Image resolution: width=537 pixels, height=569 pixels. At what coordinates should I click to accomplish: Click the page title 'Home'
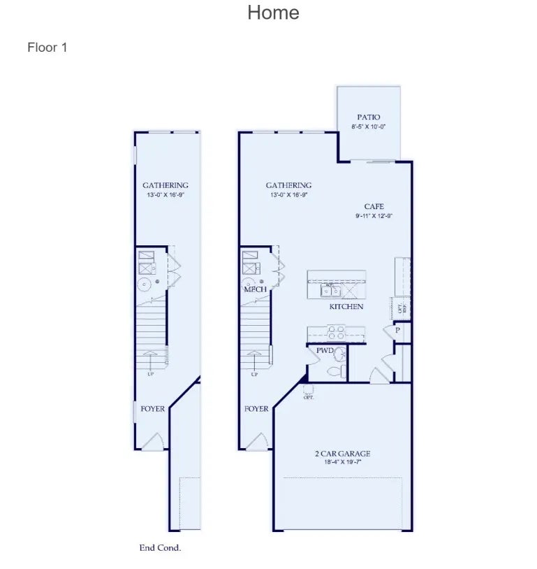273,13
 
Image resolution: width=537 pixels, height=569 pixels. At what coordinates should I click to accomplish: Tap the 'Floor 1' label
47,48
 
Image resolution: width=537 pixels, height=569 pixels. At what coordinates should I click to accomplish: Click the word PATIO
369,117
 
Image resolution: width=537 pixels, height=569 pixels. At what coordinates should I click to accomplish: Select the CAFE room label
374,207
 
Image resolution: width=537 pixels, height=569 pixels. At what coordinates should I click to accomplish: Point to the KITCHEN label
346,307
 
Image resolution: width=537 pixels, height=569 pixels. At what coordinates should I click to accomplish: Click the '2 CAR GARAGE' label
342,454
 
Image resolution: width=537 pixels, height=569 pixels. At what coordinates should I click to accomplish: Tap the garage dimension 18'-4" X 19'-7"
342,462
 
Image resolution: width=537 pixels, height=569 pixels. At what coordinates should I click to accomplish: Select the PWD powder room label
325,350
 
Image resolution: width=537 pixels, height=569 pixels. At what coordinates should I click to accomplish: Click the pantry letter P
397,330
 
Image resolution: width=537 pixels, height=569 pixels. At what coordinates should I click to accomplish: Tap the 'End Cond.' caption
160,548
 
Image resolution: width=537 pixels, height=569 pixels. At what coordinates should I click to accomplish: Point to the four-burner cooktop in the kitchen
336,333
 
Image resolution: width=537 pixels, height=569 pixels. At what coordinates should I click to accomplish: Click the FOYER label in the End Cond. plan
153,409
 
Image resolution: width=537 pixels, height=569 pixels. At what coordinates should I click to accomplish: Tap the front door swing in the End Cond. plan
156,441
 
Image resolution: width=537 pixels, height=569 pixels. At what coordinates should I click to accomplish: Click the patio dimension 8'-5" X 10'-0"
369,127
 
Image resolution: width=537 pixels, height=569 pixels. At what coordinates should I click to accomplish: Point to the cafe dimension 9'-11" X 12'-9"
374,216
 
